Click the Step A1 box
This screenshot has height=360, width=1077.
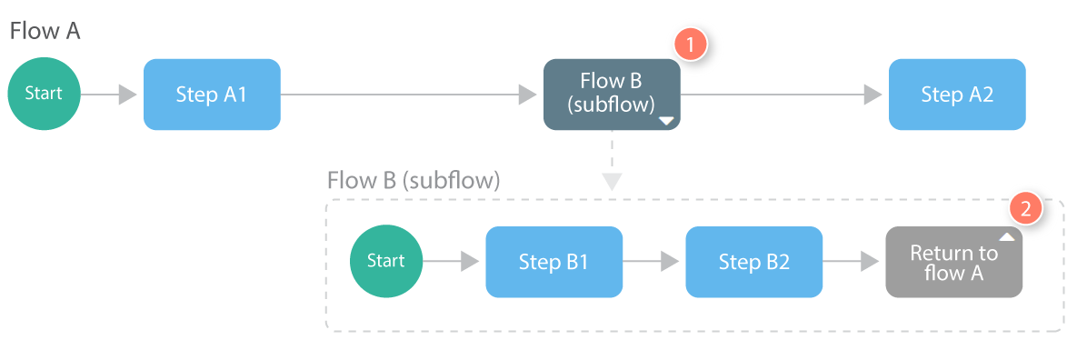212,95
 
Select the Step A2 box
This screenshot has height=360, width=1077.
957,95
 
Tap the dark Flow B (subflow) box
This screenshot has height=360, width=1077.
611,95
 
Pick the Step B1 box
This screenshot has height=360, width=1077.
553,262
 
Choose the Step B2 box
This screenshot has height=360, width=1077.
753,262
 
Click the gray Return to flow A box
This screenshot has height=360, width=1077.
953,262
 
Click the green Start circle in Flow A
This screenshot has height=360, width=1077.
45,95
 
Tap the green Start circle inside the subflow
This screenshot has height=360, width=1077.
386,262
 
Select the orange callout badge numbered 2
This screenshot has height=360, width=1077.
1025,208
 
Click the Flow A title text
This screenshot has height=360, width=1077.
45,32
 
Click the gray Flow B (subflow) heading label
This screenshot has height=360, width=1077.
414,180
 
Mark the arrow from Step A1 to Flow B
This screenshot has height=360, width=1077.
409,95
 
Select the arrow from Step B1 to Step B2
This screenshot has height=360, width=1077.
653,262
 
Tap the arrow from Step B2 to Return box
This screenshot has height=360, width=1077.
853,262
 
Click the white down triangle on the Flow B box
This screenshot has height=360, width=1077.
666,120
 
